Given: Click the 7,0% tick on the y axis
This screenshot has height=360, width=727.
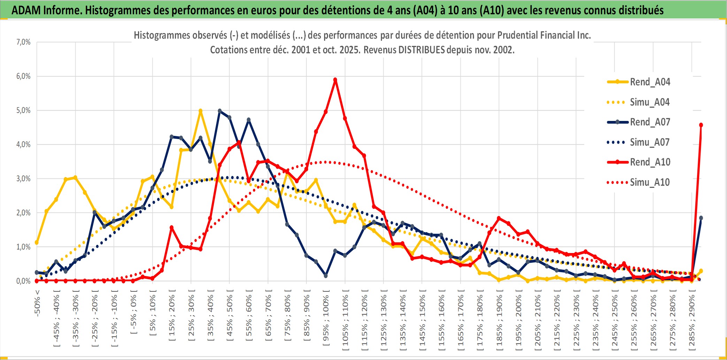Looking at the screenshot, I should tap(23, 42).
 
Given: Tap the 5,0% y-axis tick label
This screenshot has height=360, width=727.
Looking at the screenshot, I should tap(23, 110).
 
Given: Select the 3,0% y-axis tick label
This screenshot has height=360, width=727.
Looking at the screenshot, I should tap(23, 179).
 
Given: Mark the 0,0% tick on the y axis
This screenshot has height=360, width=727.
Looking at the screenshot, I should tap(23, 281).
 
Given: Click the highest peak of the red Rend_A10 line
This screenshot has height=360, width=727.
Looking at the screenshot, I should tap(335, 80).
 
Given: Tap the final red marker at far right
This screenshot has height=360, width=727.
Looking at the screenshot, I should tap(701, 125).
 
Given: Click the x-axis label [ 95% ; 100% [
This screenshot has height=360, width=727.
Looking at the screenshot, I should tap(326, 321).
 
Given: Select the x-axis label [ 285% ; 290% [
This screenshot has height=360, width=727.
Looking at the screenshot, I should tap(692, 322).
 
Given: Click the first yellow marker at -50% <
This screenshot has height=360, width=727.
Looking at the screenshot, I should tap(37, 243).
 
